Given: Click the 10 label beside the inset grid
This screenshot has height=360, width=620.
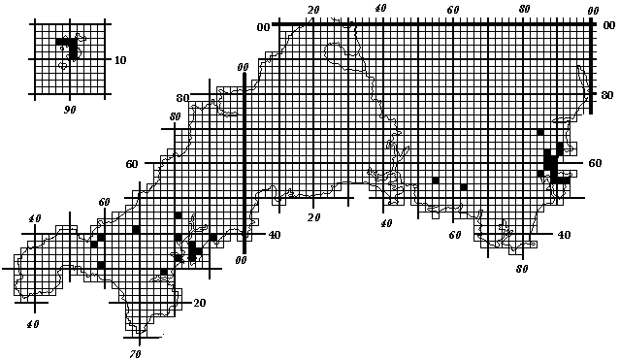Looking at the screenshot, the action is coord(120,60).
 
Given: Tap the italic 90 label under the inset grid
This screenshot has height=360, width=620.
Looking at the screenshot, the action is coord(70,110).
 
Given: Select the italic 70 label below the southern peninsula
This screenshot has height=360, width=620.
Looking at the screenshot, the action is coord(135,353).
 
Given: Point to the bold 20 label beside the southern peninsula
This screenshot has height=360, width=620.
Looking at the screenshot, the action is coord(200,303).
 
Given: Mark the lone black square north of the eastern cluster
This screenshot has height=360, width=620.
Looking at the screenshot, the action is coord(540,132).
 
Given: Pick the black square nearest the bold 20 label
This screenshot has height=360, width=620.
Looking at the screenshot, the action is coord(164,272).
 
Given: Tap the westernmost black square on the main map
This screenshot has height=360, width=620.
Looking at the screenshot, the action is coord(94,245).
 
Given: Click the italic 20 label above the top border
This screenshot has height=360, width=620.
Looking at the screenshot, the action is coord(313,10).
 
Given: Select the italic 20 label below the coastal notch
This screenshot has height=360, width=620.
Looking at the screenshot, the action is coord(314,217).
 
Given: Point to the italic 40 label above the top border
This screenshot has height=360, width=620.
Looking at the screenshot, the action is coord(380,8).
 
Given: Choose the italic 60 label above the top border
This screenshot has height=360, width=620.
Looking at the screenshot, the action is coord(453,10).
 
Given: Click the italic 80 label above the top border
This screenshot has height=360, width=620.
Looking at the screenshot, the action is coord(524,9).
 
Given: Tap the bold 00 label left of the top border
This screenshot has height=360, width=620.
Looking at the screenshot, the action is coord(263,27).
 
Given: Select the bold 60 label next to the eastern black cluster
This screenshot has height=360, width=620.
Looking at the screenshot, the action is coord(595,163).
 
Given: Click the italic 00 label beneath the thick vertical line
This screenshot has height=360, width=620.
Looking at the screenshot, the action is coord(241,260).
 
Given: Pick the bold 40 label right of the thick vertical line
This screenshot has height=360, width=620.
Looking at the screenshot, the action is coord(275,235).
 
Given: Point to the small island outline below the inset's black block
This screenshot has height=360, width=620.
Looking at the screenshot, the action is coord(63,66).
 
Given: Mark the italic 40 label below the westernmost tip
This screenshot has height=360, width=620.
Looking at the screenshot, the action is coord(33,324).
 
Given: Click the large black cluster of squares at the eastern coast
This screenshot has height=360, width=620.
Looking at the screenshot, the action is coord(551,166).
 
